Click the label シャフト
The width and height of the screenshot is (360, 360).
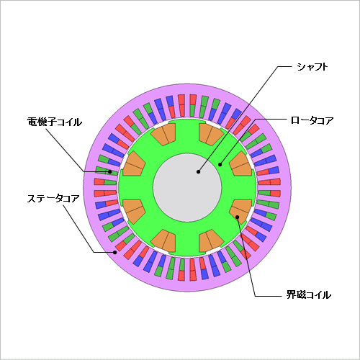coord(312,67)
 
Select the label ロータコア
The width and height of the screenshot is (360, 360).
coord(312,120)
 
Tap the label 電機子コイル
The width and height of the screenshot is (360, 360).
coord(55,122)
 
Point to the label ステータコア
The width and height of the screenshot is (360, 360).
coord(53,199)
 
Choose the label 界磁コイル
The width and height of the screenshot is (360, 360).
coord(309,294)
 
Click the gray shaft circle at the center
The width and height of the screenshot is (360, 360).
coord(187,188)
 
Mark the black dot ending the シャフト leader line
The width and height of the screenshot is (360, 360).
coord(198,171)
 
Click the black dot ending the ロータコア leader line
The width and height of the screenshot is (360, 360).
coord(220,164)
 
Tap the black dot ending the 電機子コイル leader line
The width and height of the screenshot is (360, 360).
coord(110,171)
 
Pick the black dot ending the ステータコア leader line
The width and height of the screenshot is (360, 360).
coord(115,252)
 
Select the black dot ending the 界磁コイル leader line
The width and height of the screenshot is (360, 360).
coord(238,217)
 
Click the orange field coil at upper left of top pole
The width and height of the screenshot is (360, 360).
coord(163,135)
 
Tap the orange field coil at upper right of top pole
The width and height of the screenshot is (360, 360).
coord(211,135)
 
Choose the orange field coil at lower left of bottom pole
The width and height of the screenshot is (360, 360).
coord(163,241)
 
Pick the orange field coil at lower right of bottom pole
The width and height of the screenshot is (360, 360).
coord(211,241)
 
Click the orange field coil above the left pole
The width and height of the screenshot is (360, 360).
coord(134,164)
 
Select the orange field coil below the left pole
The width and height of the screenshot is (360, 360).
coord(134,212)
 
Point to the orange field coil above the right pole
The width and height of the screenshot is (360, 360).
coord(240,164)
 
